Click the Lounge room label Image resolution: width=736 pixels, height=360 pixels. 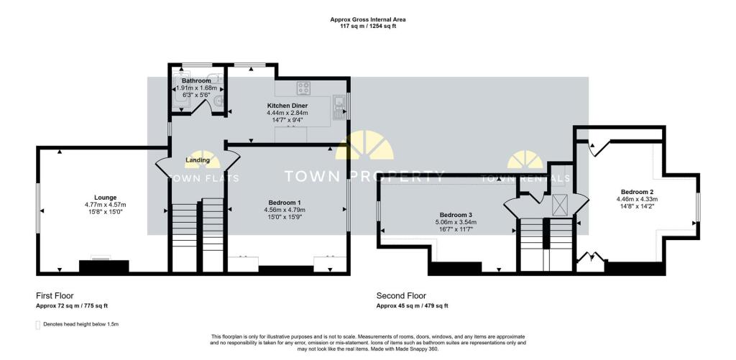105,198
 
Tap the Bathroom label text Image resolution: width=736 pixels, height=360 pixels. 197,80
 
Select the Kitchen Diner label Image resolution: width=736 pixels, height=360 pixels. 287,106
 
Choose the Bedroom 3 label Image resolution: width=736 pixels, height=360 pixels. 453,216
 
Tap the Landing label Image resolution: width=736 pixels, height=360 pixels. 197,160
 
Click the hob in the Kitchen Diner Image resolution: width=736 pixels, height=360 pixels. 304,88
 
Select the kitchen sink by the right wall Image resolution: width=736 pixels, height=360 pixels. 338,108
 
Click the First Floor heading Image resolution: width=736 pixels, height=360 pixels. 55,296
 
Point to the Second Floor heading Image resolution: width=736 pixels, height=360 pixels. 401,296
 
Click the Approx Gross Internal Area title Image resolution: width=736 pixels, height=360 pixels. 367,19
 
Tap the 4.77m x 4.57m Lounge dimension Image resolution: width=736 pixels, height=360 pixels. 105,205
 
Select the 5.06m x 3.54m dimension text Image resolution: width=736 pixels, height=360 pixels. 453,223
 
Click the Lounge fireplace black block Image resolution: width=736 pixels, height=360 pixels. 103,266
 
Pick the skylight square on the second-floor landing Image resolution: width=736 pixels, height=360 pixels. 560,205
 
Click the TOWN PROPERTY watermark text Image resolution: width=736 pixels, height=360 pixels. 364,177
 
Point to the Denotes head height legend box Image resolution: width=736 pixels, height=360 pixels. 38,325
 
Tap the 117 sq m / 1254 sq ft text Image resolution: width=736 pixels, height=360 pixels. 367,27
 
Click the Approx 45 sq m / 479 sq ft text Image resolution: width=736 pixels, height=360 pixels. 412,306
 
